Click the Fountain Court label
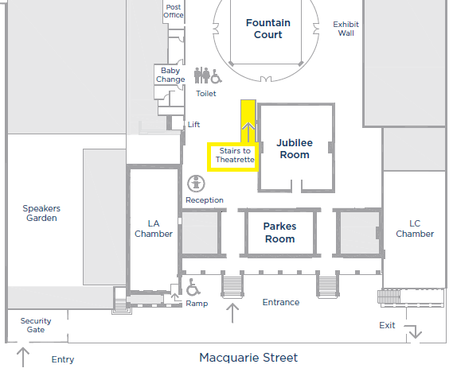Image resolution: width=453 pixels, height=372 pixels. coord(268,29)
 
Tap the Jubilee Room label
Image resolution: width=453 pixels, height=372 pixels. coord(295,149)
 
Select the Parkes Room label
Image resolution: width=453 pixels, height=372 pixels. coord(279,233)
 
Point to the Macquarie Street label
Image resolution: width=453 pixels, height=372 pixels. coord(248,358)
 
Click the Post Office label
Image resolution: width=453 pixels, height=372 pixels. coord(174,11)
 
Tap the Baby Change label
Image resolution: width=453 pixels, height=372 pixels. coord(170,75)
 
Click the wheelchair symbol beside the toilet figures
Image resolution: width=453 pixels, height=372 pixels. coord(216,76)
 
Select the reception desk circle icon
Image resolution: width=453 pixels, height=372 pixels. coord(196,184)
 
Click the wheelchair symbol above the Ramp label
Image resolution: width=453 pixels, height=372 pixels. coord(193,287)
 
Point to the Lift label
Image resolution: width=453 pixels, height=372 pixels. coord(193,125)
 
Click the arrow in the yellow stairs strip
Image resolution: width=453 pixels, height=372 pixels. coord(248,133)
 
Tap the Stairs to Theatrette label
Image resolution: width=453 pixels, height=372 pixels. coord(235,155)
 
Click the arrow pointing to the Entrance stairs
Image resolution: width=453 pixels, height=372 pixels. coord(232,313)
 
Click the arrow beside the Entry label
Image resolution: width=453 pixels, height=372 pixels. coord(23,357)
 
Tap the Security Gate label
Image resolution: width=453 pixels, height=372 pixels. coord(36,325)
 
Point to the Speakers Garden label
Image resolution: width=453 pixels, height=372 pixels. coord(41,213)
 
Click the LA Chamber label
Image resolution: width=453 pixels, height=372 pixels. coord(154,229)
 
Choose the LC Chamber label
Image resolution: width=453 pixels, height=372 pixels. coord(415,229)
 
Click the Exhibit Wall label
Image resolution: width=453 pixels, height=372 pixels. coord(346,29)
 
